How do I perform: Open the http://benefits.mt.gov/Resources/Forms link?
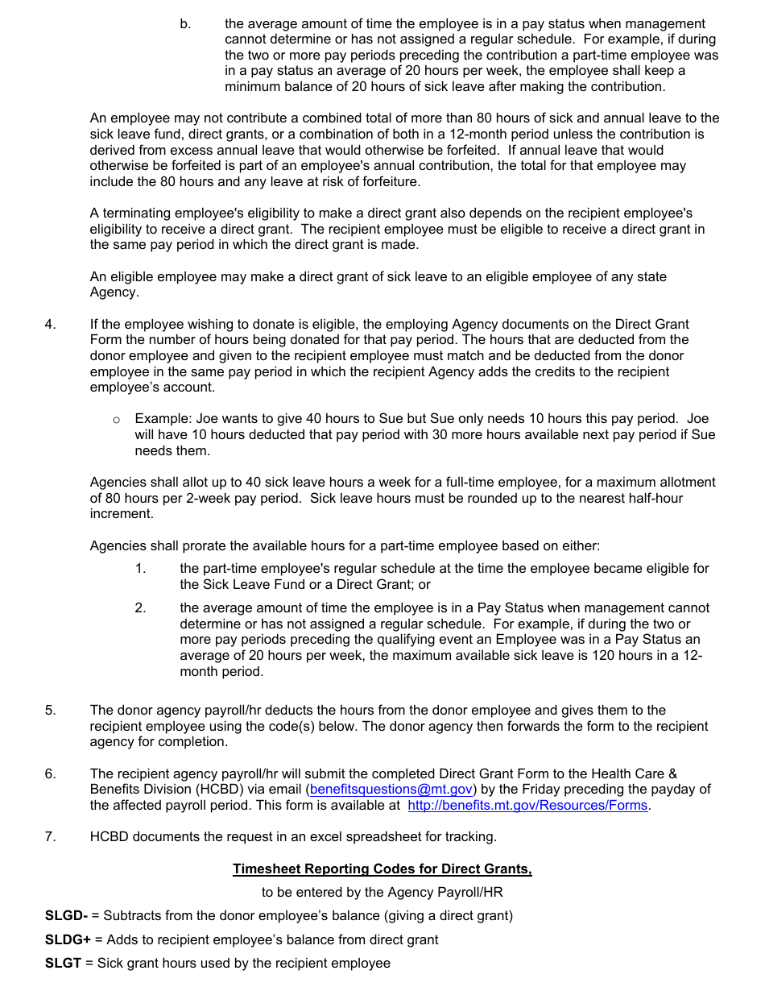click(x=527, y=806)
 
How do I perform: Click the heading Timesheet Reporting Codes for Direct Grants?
click(x=382, y=869)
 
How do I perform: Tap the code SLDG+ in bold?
click(x=68, y=939)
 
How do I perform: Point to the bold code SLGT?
click(x=63, y=964)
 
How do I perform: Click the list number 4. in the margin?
click(x=51, y=325)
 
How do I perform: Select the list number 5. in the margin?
click(x=51, y=711)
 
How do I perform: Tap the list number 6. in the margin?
click(x=51, y=774)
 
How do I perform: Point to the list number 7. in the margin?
click(x=51, y=837)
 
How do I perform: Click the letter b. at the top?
click(x=186, y=24)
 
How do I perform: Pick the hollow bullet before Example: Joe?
click(x=117, y=420)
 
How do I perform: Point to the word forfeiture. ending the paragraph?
click(x=390, y=182)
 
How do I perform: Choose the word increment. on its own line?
click(x=121, y=514)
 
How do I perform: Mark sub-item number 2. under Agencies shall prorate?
click(x=140, y=608)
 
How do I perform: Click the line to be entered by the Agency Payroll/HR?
click(x=382, y=893)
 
